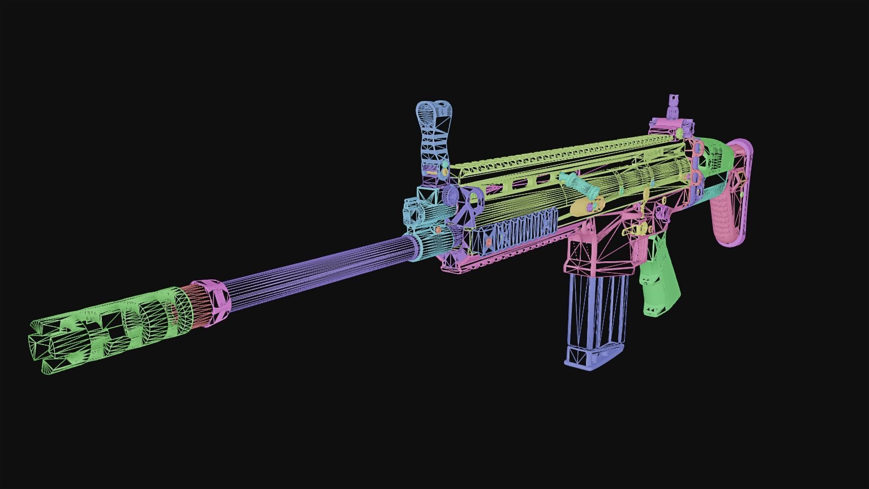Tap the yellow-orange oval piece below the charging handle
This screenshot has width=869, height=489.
pos(584,206)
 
